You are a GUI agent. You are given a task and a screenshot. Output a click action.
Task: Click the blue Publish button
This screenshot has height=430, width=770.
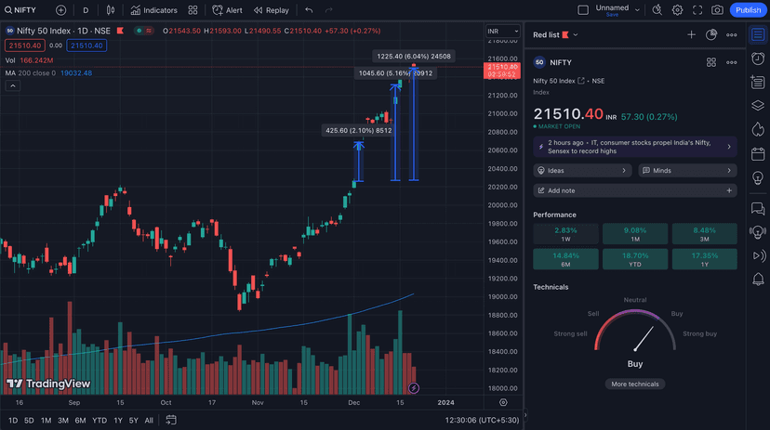pyautogui.click(x=748, y=10)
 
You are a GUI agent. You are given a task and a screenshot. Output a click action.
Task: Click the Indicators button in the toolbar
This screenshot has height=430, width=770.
pyautogui.click(x=154, y=10)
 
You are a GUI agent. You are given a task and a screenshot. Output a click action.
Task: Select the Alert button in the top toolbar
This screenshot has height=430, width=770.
pyautogui.click(x=228, y=10)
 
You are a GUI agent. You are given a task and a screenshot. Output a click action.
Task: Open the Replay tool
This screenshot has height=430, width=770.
pyautogui.click(x=272, y=10)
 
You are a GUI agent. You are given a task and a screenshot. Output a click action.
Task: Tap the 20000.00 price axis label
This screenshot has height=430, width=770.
pyautogui.click(x=503, y=205)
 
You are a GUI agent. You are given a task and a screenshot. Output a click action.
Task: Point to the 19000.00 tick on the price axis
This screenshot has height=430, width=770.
pyautogui.click(x=503, y=297)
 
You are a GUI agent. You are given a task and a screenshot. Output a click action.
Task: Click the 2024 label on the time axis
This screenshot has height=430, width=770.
pyautogui.click(x=445, y=402)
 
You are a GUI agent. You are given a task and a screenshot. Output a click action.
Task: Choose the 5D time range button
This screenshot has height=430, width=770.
pyautogui.click(x=29, y=421)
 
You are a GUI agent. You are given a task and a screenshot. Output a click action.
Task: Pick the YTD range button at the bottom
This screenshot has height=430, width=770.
pyautogui.click(x=100, y=421)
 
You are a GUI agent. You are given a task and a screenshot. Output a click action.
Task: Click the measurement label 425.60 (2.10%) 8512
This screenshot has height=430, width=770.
pyautogui.click(x=358, y=131)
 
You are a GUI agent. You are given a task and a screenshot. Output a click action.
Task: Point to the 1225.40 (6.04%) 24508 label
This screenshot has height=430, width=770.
pyautogui.click(x=414, y=57)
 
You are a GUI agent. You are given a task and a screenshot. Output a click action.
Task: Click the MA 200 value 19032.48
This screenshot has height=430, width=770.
pyautogui.click(x=74, y=72)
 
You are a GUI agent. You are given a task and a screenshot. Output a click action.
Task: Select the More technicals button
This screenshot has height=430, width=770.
pyautogui.click(x=635, y=384)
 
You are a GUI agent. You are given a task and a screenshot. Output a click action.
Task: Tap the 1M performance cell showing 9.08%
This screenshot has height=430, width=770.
pyautogui.click(x=635, y=233)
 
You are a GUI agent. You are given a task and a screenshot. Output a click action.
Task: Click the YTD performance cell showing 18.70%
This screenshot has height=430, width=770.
pyautogui.click(x=635, y=258)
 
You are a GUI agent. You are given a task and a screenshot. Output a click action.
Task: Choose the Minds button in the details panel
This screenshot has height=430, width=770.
pyautogui.click(x=687, y=171)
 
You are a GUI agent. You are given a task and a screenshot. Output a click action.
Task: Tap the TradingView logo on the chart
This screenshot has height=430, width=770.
pyautogui.click(x=48, y=384)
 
